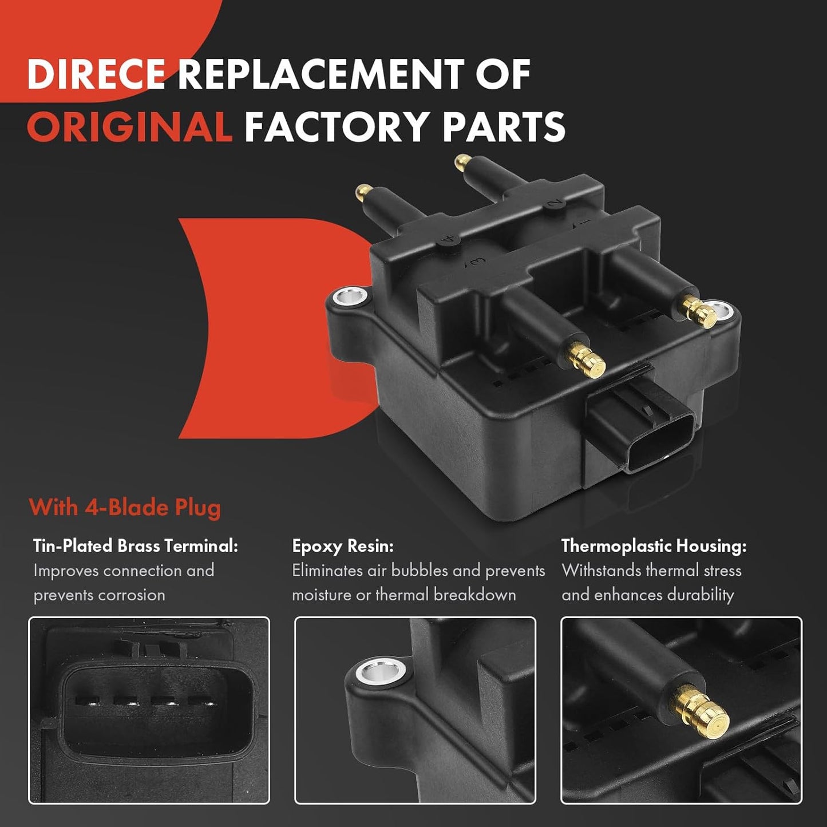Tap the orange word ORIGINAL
(x=129, y=126)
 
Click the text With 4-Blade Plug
(x=124, y=508)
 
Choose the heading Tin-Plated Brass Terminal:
(x=136, y=546)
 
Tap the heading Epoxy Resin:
(x=343, y=547)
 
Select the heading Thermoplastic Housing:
(x=654, y=546)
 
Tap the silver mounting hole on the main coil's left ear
(x=351, y=296)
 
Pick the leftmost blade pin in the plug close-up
(x=87, y=702)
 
